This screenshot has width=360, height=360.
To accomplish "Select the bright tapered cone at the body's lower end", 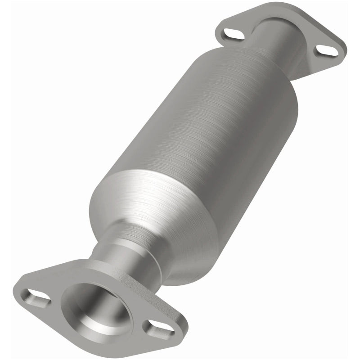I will [148, 211].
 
